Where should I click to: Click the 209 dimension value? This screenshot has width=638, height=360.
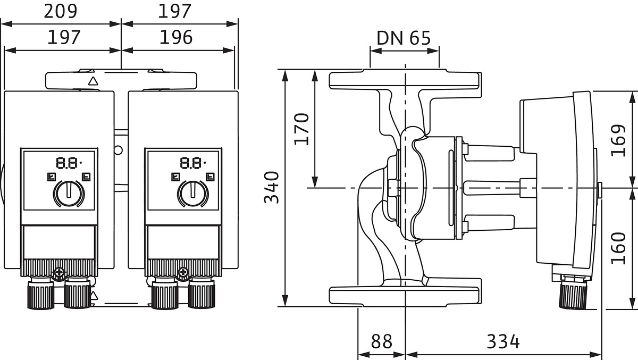60,11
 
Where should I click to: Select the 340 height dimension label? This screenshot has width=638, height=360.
272,187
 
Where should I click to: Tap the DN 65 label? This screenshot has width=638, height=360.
404,38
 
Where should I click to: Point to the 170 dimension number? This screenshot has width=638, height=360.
302,128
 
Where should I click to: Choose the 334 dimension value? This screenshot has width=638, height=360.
503,341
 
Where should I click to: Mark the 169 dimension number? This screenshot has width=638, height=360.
618,140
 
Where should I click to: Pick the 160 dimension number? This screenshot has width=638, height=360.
618,247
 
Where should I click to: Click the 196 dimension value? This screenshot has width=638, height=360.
176,38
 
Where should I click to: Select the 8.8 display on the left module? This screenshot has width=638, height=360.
68,162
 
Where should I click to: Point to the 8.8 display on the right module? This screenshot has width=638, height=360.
192,162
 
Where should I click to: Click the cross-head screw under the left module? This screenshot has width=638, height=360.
59,273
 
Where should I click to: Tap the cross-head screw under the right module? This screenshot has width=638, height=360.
184,273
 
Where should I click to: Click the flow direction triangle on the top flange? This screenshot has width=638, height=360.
93,81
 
